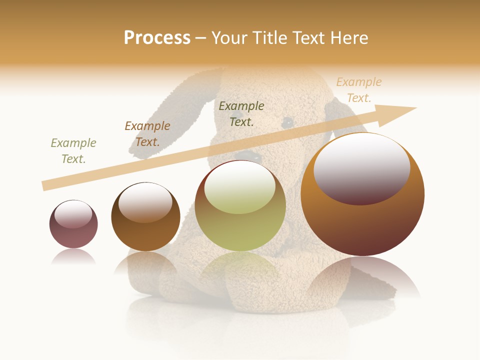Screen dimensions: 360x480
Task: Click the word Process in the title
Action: click(x=157, y=38)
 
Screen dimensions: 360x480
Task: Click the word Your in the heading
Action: click(x=230, y=38)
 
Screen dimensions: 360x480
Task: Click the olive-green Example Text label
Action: click(x=73, y=151)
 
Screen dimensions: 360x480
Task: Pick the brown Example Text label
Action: click(x=147, y=134)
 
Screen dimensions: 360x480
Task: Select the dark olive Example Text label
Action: click(x=241, y=114)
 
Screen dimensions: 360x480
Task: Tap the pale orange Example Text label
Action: click(x=359, y=90)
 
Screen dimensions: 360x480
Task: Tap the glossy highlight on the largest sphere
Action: click(x=362, y=168)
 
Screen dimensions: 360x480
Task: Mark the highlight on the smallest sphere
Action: click(x=73, y=214)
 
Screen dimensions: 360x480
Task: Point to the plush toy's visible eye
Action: click(x=287, y=121)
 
